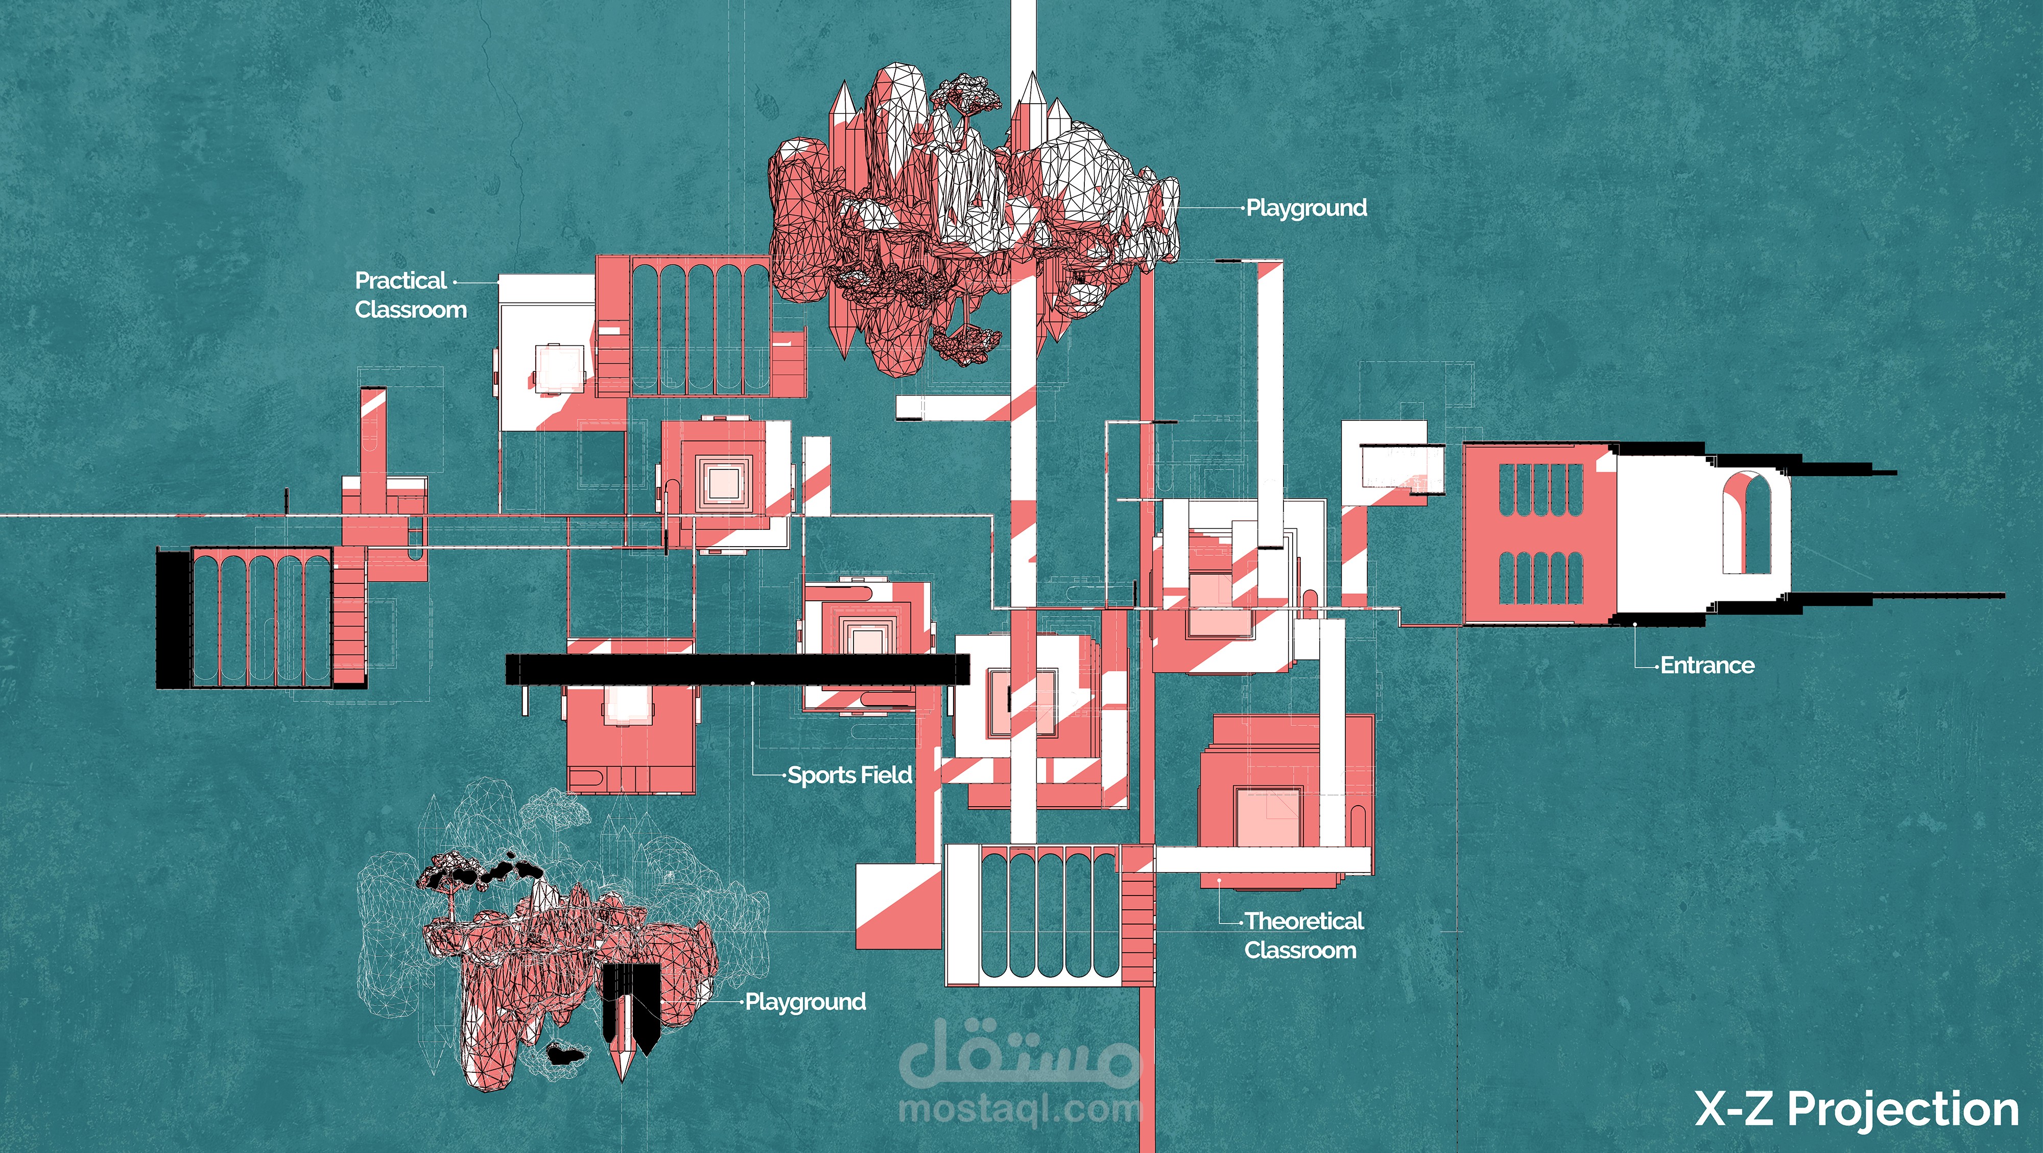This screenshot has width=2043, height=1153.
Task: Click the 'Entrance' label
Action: [1707, 665]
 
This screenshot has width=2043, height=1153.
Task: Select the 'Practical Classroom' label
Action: [410, 294]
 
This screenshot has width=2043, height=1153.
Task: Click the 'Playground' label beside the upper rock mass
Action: [1306, 208]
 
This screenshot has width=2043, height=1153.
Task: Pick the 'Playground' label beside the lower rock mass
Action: [805, 1002]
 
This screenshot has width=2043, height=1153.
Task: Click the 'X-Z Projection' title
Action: [1857, 1109]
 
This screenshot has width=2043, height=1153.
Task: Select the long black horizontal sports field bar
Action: [738, 669]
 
